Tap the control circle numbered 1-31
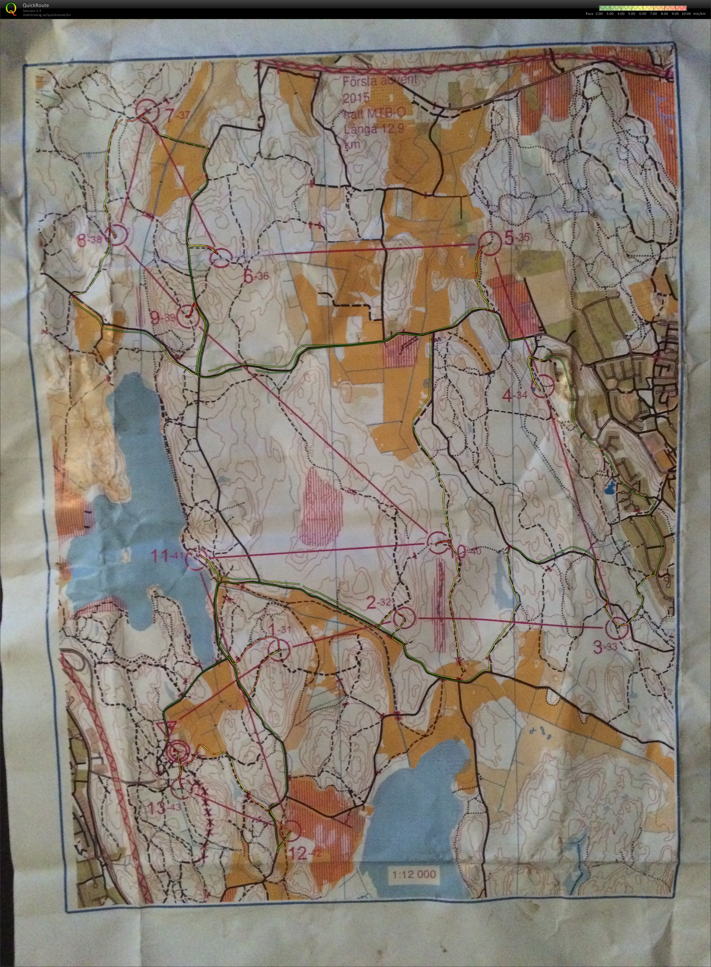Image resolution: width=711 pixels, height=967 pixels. tap(279, 649)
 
